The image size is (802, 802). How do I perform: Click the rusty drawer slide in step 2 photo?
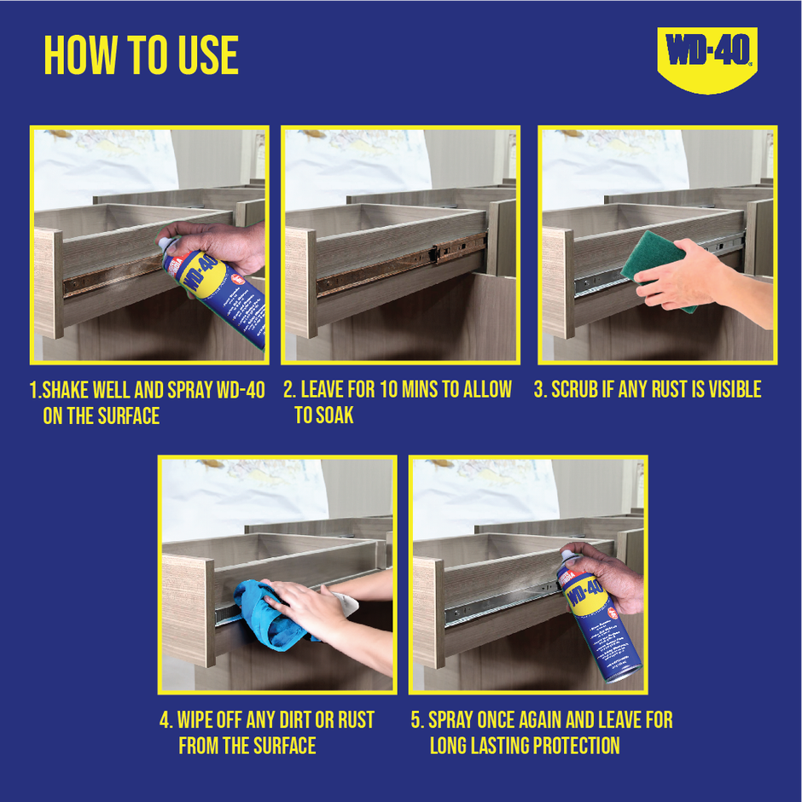(x=401, y=265)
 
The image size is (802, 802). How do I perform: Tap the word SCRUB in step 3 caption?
(x=578, y=390)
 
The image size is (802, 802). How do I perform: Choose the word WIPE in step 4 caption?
(x=199, y=720)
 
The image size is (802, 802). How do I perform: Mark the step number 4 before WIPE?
(x=165, y=720)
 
